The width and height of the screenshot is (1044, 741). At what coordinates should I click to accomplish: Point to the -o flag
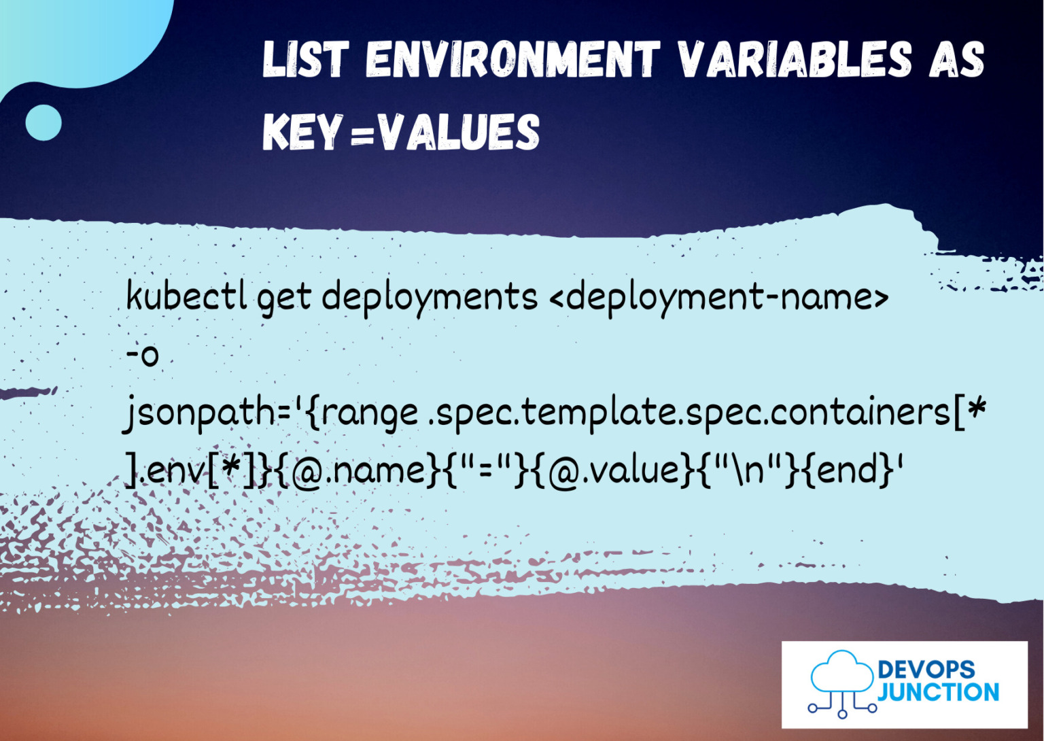tap(143, 354)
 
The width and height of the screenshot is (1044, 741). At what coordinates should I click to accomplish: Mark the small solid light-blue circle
tap(43, 123)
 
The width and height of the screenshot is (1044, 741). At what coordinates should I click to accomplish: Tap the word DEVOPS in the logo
tap(926, 670)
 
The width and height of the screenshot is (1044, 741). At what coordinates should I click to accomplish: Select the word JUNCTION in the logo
tap(939, 692)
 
